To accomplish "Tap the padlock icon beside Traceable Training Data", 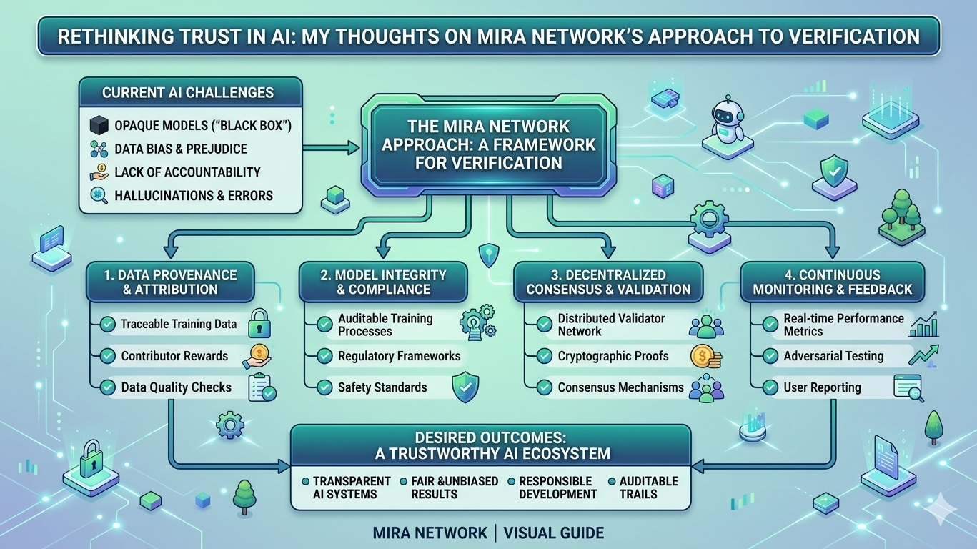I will tap(259, 323).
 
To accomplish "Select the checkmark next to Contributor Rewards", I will tap(108, 356).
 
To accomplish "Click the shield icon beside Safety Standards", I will tap(465, 387).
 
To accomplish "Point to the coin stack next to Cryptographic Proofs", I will tap(705, 356).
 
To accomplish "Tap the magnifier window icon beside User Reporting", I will tap(908, 388).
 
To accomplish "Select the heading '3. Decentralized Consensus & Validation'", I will tap(608, 282).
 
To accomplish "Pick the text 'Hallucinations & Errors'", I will tap(194, 195).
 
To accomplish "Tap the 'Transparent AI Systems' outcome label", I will tap(351, 487).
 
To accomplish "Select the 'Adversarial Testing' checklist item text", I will tap(833, 356).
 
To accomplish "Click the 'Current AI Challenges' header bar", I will tap(188, 92).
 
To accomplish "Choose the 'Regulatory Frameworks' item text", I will tap(399, 356).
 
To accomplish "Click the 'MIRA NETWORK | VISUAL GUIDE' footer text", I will tap(488, 533).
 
